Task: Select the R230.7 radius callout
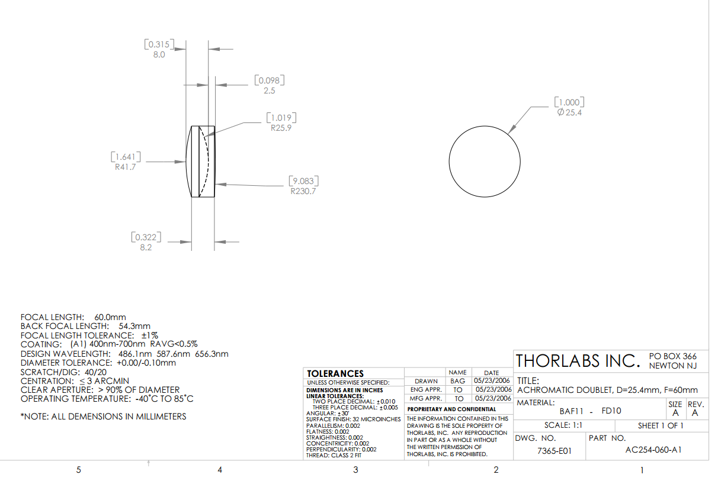(x=303, y=191)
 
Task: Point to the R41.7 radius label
(x=126, y=167)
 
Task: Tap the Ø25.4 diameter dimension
(x=570, y=112)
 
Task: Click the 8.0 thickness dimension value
(x=159, y=54)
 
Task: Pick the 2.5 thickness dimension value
(x=269, y=91)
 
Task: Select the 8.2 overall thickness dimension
(x=146, y=247)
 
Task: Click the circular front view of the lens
(x=485, y=162)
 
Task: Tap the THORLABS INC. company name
(x=578, y=361)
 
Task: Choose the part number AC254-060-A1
(x=653, y=450)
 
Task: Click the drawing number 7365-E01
(x=554, y=451)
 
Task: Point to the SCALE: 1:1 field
(x=563, y=425)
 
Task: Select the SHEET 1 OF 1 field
(x=661, y=425)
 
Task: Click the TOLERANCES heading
(x=335, y=373)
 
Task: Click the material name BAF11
(x=570, y=411)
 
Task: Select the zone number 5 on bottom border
(x=78, y=470)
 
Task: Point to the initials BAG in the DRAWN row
(x=458, y=381)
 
